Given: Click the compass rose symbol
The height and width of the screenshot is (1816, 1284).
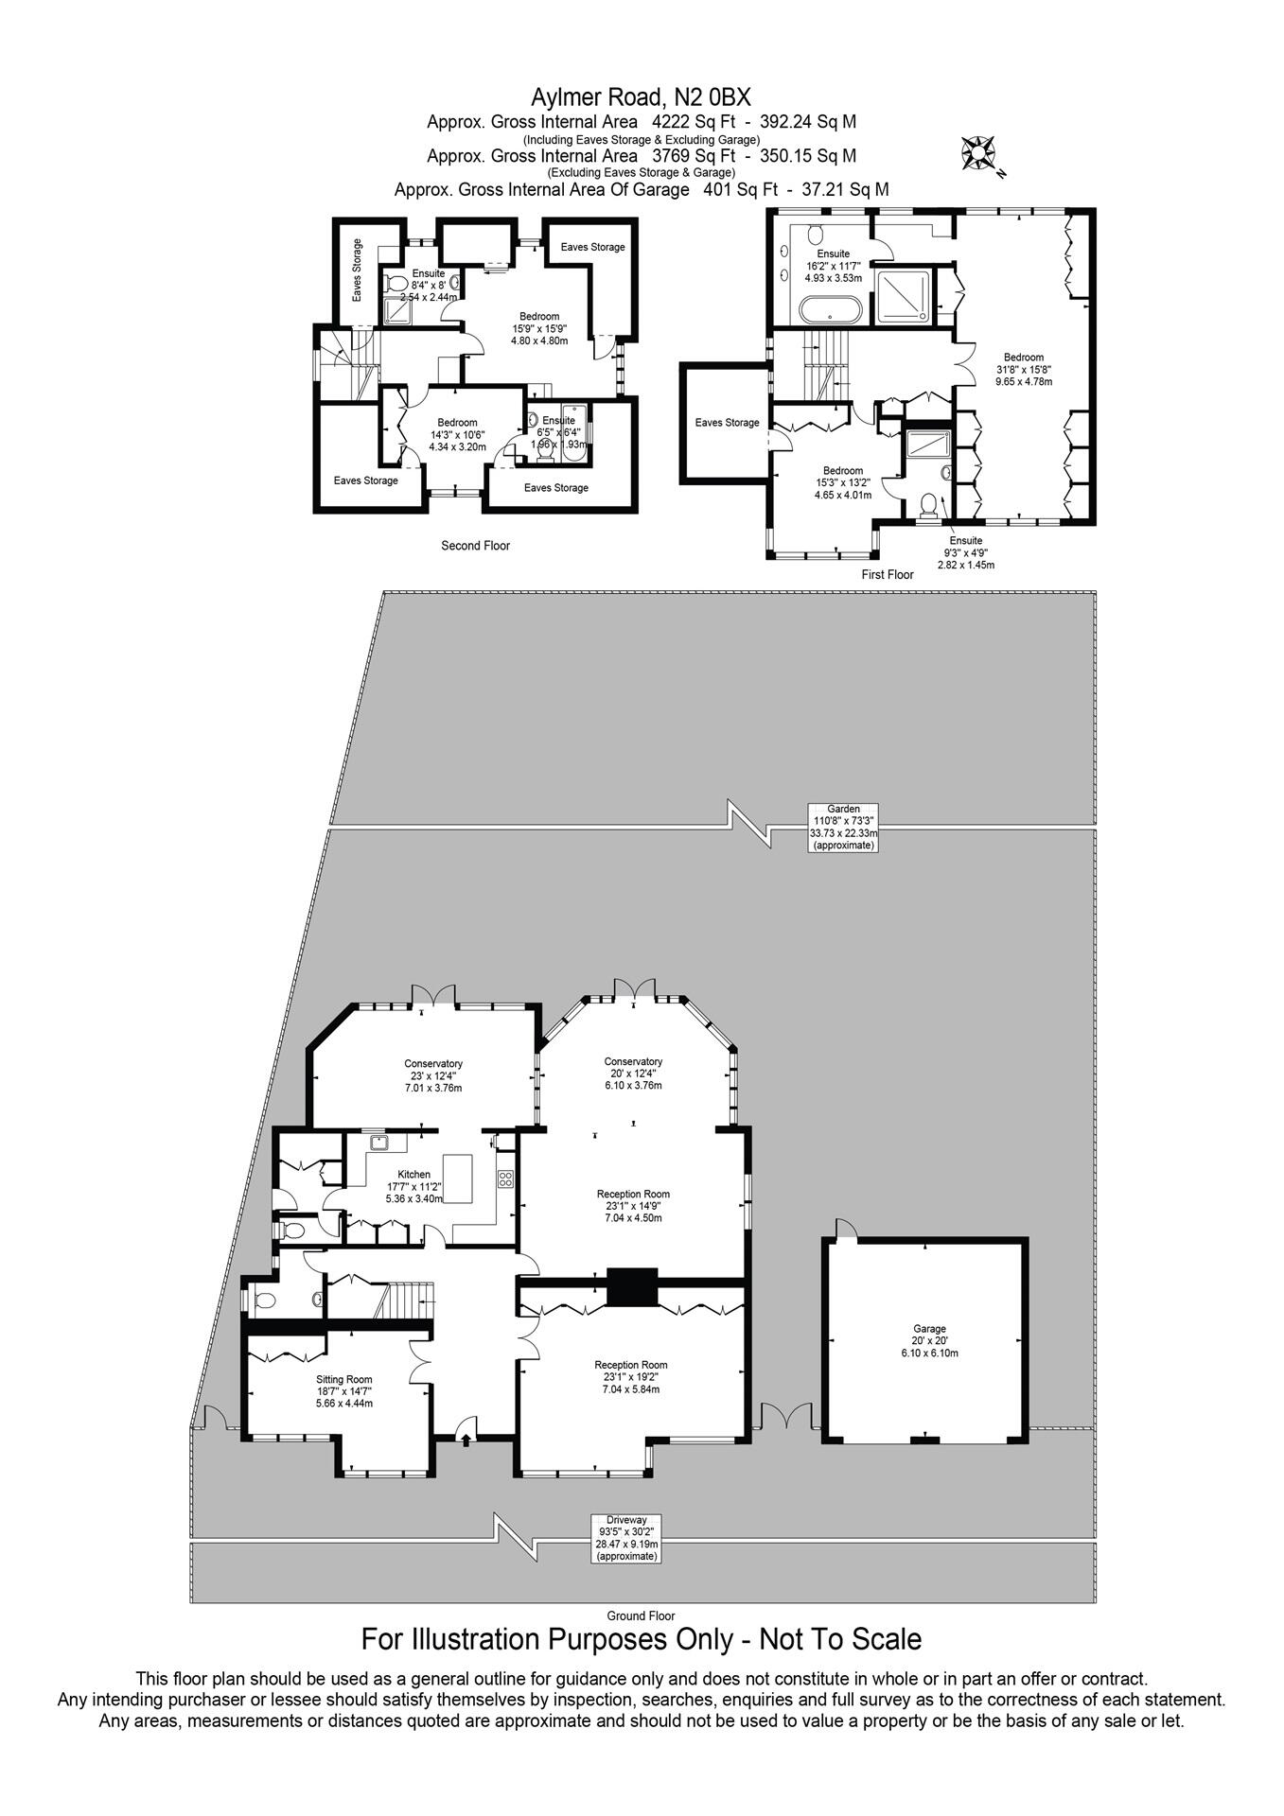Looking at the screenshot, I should pyautogui.click(x=978, y=151).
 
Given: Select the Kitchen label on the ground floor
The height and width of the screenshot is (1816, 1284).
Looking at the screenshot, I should pyautogui.click(x=414, y=1185).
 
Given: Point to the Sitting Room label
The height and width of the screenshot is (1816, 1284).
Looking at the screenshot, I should pyautogui.click(x=344, y=1390).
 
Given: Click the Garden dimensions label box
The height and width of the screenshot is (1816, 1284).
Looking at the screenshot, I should pyautogui.click(x=843, y=827).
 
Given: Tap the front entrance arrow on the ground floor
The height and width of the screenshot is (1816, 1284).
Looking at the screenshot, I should pyautogui.click(x=465, y=1440).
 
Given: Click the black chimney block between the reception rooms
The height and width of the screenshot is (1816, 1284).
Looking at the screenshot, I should pyautogui.click(x=631, y=1286).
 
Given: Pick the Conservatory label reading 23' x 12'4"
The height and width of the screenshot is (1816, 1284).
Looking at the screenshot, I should pyautogui.click(x=433, y=1075).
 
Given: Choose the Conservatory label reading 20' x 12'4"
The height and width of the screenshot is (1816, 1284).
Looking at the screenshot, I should pyautogui.click(x=633, y=1073).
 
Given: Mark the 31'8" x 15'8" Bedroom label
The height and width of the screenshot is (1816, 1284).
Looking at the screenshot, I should pyautogui.click(x=1024, y=369).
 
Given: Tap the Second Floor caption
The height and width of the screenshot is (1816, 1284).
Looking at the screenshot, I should pyautogui.click(x=475, y=546).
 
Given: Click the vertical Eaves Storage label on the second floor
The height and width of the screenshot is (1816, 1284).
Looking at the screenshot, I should pyautogui.click(x=357, y=270).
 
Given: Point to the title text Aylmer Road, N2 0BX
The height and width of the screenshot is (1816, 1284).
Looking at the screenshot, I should pyautogui.click(x=641, y=96).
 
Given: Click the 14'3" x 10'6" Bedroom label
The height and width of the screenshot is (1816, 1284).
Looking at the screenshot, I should pyautogui.click(x=457, y=434).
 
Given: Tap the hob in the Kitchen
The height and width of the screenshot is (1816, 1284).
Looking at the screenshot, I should pyautogui.click(x=505, y=1179).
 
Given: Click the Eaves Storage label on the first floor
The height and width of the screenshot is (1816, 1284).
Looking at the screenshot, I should pyautogui.click(x=727, y=423).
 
